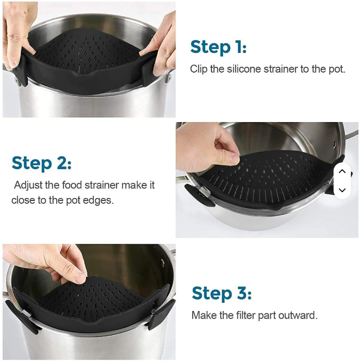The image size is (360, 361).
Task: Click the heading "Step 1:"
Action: (x=218, y=47)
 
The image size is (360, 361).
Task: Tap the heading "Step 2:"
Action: (x=41, y=163)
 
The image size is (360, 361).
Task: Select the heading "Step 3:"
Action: (x=222, y=293)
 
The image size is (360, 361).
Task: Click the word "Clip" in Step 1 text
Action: (x=199, y=69)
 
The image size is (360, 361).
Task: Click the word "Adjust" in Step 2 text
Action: (x=28, y=185)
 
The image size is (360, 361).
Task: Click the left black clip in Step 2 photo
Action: (x=199, y=195)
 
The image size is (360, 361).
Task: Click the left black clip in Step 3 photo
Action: (x=22, y=315)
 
